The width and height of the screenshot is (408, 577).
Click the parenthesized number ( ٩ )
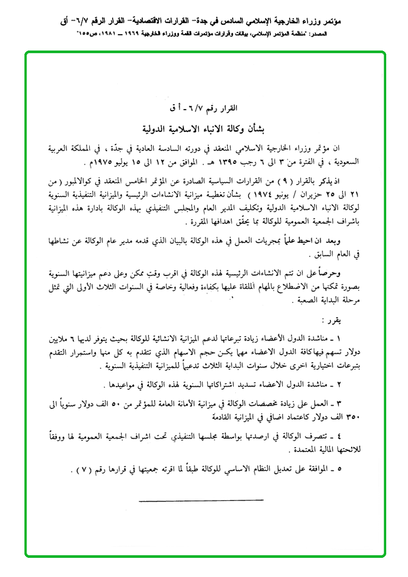click(x=296, y=182)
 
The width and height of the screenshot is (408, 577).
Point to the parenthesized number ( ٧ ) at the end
click(x=81, y=471)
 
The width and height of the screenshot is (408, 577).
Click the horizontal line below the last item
click(x=201, y=500)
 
